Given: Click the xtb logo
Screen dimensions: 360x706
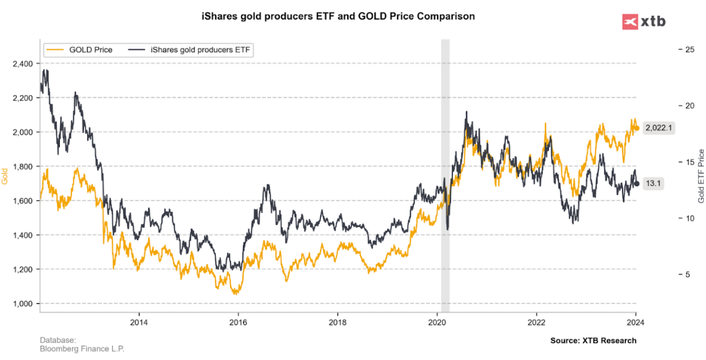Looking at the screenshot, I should (644, 21).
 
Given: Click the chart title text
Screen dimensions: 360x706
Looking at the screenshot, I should (338, 16).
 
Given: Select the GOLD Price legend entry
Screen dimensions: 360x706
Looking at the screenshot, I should (79, 50).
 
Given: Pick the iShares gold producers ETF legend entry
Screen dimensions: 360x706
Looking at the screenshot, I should (190, 50).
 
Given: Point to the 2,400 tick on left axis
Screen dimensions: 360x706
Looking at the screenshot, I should (22, 64).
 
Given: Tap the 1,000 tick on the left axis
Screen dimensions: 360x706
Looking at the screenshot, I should (22, 303).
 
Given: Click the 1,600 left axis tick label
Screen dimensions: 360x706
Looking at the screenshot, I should (22, 201).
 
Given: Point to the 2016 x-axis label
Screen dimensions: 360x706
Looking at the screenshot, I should (238, 322).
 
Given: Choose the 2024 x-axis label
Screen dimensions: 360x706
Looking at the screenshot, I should (635, 322).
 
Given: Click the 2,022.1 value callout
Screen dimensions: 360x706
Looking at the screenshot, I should (659, 128).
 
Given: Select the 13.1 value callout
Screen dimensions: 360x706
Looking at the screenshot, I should (653, 184).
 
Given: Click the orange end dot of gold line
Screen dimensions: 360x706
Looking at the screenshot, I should (636, 128).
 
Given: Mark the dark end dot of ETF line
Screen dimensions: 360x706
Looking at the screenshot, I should (636, 184).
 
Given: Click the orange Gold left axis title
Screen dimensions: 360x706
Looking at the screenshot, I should (6, 176).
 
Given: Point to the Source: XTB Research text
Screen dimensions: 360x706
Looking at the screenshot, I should (593, 341).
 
